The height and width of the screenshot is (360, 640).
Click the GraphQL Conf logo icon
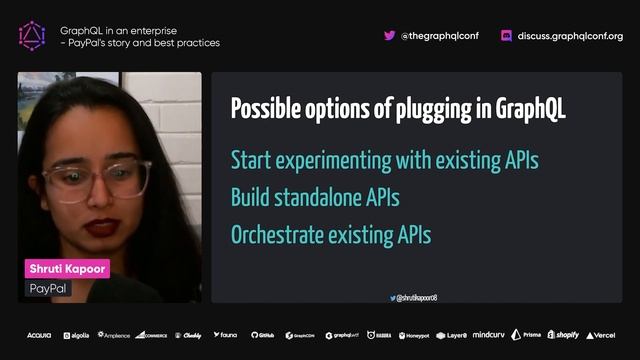coord(32,36)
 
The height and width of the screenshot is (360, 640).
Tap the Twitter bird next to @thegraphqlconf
coord(389,35)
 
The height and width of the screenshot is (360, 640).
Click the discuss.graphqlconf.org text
coord(570,36)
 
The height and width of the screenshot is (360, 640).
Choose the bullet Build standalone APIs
coord(315,198)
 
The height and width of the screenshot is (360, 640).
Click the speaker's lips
coord(102,227)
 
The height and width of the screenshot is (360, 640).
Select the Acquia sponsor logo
coord(39,335)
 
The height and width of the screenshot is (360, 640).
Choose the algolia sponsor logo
coord(75,335)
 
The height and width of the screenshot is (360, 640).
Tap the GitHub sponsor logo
coord(263,335)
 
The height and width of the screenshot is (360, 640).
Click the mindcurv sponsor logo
coord(489,335)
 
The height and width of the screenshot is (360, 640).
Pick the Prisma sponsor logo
coord(526,335)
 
